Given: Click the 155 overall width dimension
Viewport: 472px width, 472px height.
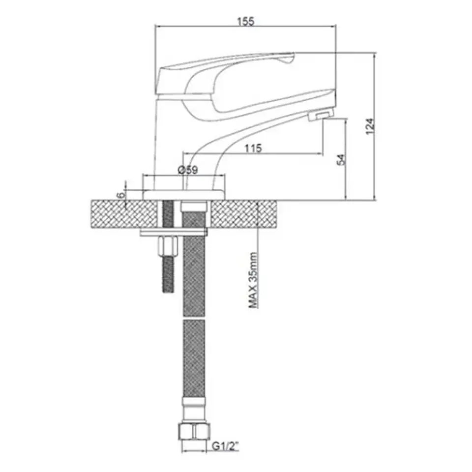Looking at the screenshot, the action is point(246,21).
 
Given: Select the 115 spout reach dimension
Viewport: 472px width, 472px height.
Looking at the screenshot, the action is point(253,148).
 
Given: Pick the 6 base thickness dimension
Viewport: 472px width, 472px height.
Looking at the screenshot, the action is point(121,195).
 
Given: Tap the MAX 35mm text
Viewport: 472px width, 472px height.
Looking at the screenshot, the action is point(253,280).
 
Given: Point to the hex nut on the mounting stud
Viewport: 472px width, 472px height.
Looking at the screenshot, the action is point(168,246).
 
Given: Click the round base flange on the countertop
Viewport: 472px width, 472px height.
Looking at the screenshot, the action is point(183,195).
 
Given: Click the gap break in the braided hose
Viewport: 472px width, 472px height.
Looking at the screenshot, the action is point(194,318).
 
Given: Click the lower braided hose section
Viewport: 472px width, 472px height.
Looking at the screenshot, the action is point(194,358).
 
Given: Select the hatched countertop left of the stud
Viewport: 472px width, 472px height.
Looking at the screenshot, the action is point(124,214).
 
